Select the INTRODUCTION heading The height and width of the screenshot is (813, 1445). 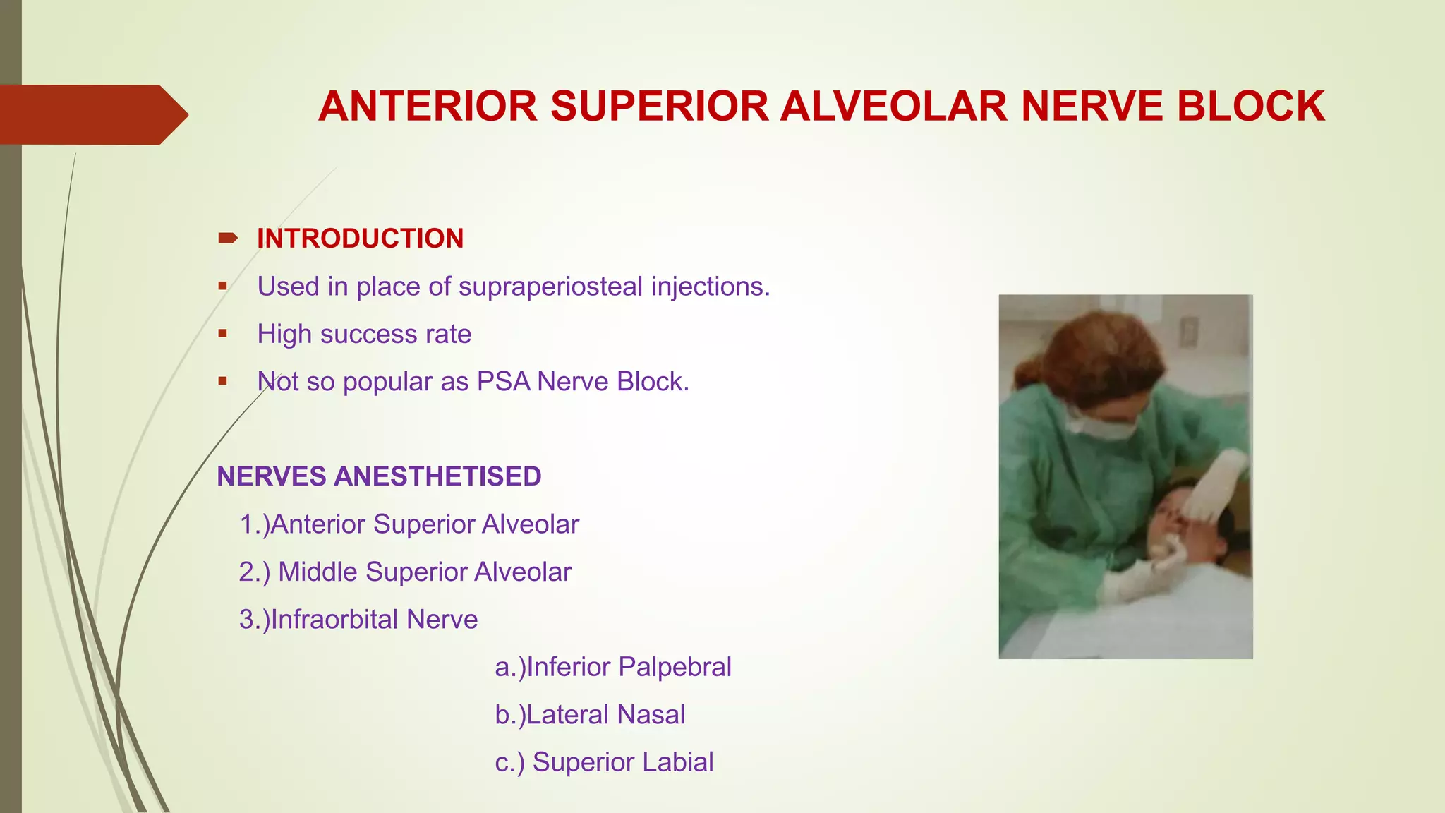[x=360, y=239]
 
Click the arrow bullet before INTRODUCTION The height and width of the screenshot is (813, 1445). [x=227, y=239]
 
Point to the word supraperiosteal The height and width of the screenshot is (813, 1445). [x=550, y=287]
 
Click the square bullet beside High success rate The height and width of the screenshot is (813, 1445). [x=223, y=334]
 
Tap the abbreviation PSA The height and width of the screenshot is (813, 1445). [x=503, y=382]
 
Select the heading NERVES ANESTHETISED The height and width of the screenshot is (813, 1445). [x=379, y=476]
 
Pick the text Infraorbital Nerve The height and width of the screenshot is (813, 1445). [x=374, y=620]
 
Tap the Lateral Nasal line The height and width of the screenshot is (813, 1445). [x=590, y=715]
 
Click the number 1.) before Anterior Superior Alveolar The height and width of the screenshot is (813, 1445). [x=254, y=524]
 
